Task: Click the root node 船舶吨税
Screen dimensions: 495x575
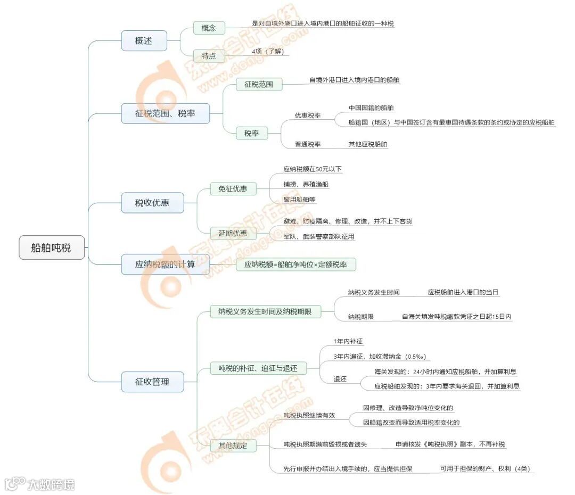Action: (x=52, y=247)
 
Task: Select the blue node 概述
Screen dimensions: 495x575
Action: (x=144, y=40)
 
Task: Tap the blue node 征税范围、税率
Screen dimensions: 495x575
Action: (x=165, y=113)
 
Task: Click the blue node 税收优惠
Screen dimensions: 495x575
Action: (x=153, y=203)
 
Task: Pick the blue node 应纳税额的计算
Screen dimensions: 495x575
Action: (x=165, y=264)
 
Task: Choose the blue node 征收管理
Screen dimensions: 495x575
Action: (x=153, y=382)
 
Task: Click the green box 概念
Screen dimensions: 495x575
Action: (x=209, y=28)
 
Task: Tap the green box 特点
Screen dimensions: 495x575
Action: (x=209, y=55)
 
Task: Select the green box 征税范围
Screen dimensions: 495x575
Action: (x=259, y=84)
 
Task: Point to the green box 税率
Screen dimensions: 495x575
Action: (x=252, y=134)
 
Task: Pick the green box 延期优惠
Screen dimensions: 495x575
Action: (x=233, y=233)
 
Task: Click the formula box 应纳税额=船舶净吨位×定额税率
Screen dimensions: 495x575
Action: (x=295, y=264)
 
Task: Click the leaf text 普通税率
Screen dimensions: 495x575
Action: (x=308, y=144)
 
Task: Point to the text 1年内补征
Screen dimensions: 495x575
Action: (x=348, y=341)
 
